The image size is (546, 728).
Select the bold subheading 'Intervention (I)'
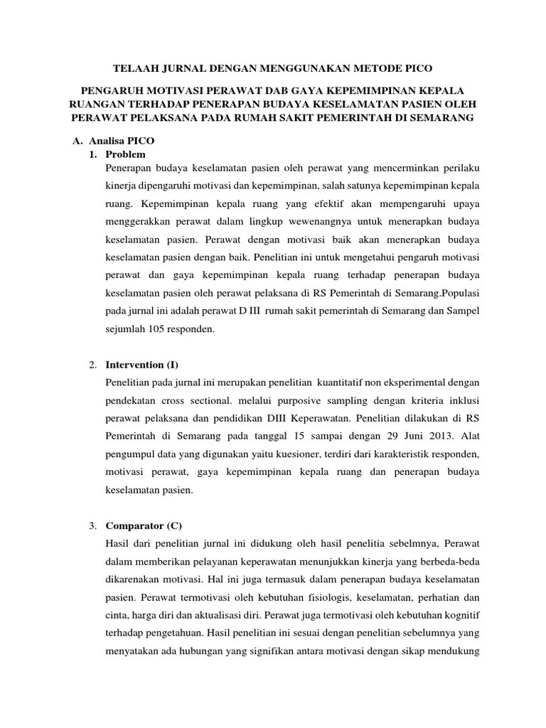(x=142, y=365)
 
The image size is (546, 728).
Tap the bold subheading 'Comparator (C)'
(x=144, y=526)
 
